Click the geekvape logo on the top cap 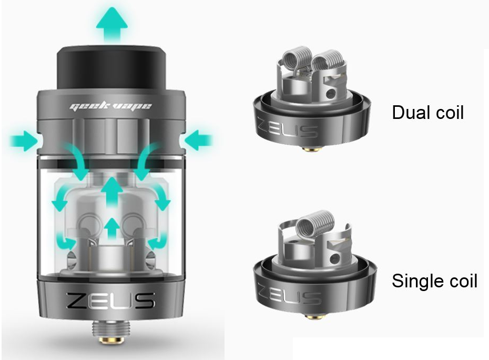(111, 106)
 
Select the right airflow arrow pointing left (199, 141)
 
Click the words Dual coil (427, 112)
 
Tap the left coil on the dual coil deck (296, 62)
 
